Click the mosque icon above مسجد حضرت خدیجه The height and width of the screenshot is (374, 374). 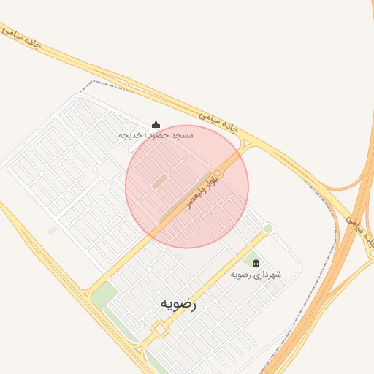pyautogui.click(x=155, y=125)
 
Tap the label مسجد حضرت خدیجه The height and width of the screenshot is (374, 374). pyautogui.click(x=156, y=136)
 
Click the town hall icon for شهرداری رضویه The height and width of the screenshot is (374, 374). pyautogui.click(x=256, y=263)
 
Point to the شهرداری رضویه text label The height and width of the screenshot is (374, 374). pyautogui.click(x=256, y=275)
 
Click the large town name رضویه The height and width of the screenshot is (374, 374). pyautogui.click(x=178, y=303)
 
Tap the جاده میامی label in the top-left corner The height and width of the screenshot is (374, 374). pyautogui.click(x=21, y=39)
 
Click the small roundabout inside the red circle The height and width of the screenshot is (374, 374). pyautogui.click(x=217, y=172)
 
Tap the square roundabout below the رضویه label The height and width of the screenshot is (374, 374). pyautogui.click(x=159, y=331)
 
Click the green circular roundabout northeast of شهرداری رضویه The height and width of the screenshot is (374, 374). pyautogui.click(x=269, y=229)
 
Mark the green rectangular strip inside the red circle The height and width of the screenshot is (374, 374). pyautogui.click(x=159, y=180)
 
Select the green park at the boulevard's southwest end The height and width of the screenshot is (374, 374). pyautogui.click(x=104, y=294)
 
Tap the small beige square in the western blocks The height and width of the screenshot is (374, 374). pyautogui.click(x=53, y=230)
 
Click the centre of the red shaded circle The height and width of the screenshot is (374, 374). pyautogui.click(x=187, y=186)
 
